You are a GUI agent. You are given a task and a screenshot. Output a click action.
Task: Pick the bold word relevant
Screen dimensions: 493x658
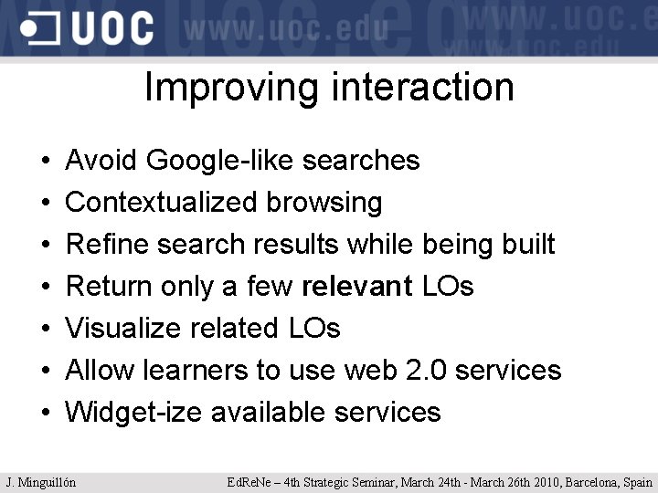(x=357, y=287)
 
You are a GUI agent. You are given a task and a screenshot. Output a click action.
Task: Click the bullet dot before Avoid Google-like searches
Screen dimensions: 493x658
(x=46, y=163)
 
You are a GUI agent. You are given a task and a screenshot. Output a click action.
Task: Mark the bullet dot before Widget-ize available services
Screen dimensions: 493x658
(x=46, y=414)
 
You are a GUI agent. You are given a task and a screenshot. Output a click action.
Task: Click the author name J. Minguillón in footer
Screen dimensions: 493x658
(x=41, y=482)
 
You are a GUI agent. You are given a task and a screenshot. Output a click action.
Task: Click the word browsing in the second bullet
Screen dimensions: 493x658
(x=324, y=202)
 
